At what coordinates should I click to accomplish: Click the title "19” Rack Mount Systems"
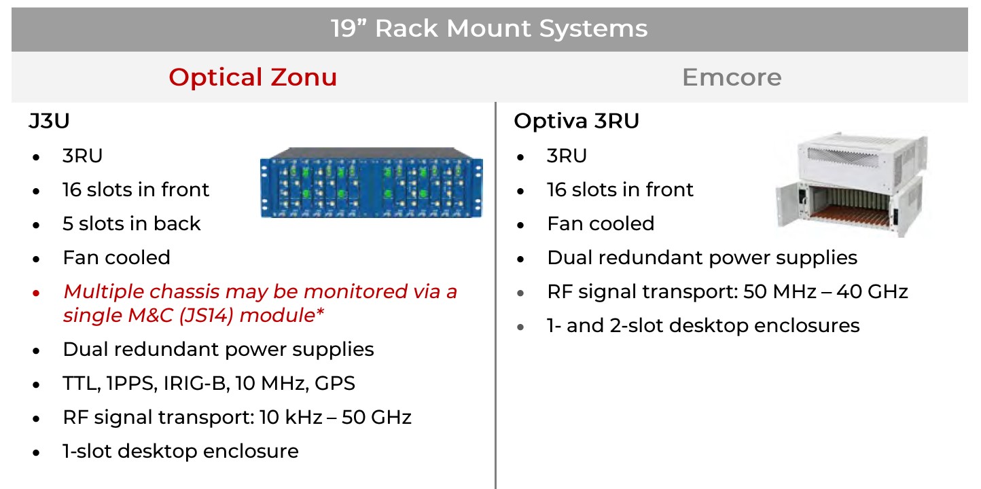point(489,29)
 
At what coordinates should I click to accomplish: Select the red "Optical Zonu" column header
point(253,77)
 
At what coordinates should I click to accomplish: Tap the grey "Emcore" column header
point(732,77)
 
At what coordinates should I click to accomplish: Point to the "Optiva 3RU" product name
point(577,121)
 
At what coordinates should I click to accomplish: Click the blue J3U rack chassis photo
point(372,182)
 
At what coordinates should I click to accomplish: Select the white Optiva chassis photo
point(851,185)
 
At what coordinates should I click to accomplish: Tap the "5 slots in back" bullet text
point(132,223)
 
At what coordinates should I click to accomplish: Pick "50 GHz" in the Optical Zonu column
point(377,416)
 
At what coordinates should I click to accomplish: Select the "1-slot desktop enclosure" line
point(181,451)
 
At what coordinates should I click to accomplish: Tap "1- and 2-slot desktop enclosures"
point(703,325)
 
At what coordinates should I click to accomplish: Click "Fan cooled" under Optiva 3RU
point(601,223)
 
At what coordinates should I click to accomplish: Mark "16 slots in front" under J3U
point(136,189)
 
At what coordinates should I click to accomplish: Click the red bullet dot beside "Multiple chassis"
point(36,293)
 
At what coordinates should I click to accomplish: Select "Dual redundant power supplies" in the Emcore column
point(702,257)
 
